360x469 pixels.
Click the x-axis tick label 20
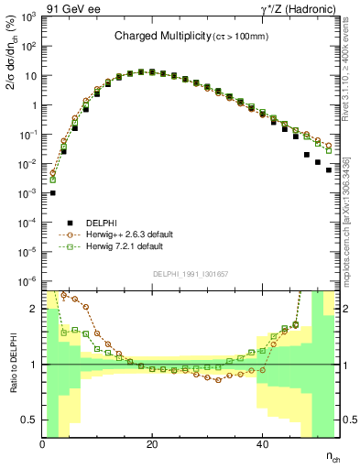(x=152, y=445)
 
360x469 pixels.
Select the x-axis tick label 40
(x=262, y=445)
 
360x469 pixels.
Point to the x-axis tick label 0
(x=42, y=445)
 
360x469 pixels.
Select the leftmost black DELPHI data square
(x=53, y=192)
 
